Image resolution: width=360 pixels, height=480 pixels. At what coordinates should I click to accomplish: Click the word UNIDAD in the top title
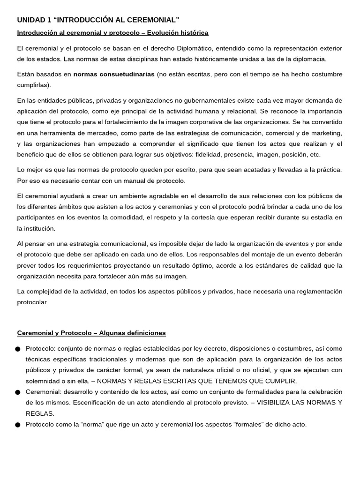30,20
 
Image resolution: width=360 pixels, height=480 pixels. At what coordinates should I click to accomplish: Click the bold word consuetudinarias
126,75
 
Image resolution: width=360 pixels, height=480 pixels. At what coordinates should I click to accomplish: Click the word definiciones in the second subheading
144,333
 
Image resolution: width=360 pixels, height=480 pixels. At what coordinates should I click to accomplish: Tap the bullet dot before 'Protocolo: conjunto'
18,349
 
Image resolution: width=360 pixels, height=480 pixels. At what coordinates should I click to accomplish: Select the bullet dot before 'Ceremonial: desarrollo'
18,392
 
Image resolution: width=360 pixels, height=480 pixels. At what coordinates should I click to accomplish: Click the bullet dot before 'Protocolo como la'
18,425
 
